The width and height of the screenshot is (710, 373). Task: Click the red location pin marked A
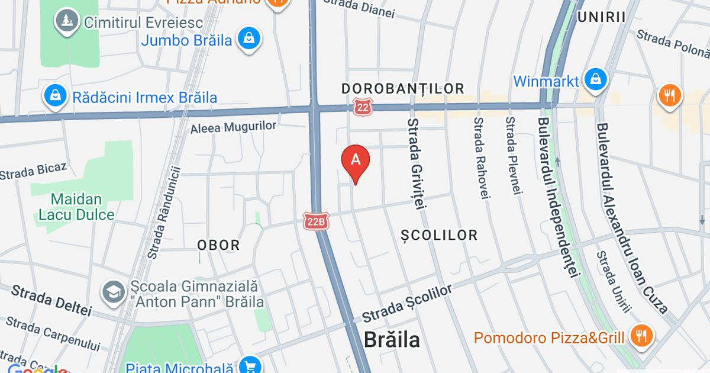pyautogui.click(x=356, y=160)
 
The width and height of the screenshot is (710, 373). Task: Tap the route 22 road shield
pyautogui.click(x=362, y=107)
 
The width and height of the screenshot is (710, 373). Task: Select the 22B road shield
pyautogui.click(x=315, y=221)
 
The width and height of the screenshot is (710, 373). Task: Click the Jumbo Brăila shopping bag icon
pyautogui.click(x=250, y=40)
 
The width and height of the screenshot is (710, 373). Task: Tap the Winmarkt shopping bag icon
pyautogui.click(x=593, y=80)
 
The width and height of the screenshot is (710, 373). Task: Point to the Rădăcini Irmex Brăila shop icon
pyautogui.click(x=55, y=97)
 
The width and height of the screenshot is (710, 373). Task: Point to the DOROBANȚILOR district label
pyautogui.click(x=403, y=89)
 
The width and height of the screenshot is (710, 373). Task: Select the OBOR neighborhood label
pyautogui.click(x=218, y=245)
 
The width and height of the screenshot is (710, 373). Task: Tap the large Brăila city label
pyautogui.click(x=391, y=340)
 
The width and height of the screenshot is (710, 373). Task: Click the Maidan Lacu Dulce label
pyautogui.click(x=76, y=207)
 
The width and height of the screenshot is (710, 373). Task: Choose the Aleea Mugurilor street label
pyautogui.click(x=234, y=126)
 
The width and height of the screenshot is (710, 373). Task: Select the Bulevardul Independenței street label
pyautogui.click(x=559, y=198)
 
